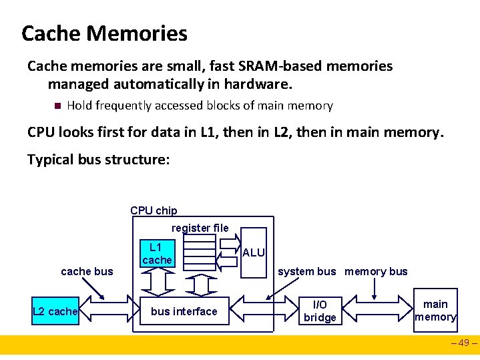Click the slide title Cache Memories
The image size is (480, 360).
104,33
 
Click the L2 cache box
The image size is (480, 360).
55,311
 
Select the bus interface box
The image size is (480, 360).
184,311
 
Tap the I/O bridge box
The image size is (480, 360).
320,311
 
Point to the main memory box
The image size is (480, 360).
435,311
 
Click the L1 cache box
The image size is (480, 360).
157,253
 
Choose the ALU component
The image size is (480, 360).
254,252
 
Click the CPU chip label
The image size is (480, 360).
154,210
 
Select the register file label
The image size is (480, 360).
200,228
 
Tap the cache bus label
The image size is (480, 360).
87,271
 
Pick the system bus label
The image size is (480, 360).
307,271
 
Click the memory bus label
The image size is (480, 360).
376,271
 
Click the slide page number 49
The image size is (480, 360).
465,345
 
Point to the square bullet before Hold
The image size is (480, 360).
57,106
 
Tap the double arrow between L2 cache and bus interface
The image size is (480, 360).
111,311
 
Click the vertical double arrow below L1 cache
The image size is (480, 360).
157,284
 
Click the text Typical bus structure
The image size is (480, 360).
99,160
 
